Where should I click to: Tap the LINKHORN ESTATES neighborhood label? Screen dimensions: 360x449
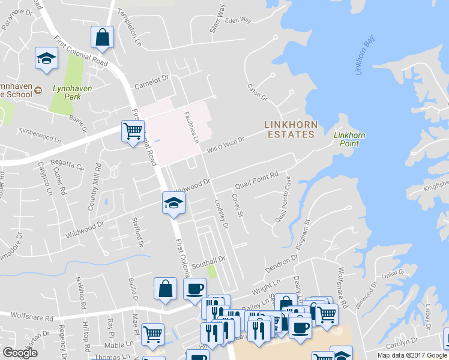(291, 129)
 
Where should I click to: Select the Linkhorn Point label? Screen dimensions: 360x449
(349, 139)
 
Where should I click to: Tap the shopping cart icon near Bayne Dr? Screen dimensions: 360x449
(133, 131)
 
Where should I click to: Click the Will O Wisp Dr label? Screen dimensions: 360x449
(226, 145)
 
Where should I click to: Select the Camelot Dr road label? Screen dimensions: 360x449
(152, 81)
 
